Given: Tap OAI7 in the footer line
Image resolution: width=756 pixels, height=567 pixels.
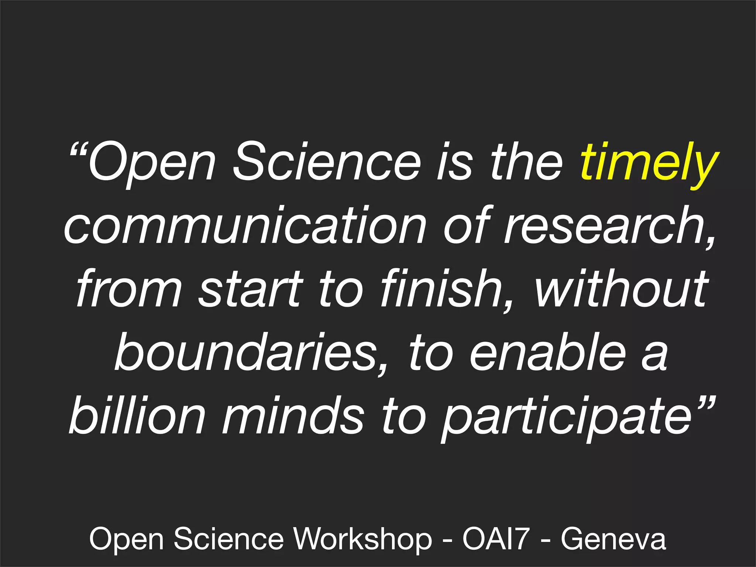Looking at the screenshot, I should [x=496, y=539].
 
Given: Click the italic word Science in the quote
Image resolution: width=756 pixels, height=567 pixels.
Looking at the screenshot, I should [x=326, y=162].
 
